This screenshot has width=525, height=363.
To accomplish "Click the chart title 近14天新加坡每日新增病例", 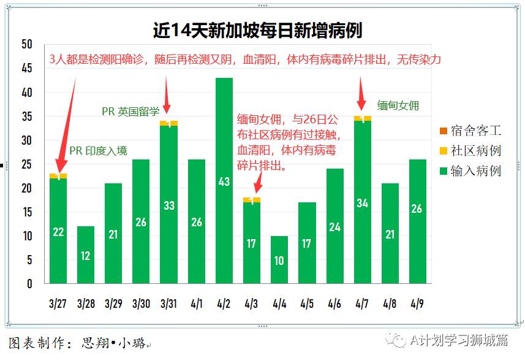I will click(258, 30).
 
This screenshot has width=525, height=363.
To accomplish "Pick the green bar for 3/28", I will click(86, 254).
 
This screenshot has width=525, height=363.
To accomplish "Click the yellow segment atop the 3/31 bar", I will click(168, 123).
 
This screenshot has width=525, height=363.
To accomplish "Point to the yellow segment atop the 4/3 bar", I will click(252, 200).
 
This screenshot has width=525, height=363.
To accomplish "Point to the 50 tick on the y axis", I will click(26, 45).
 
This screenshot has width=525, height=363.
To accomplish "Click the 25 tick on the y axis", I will click(26, 164).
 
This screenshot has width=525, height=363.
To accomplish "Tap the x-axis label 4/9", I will click(417, 303).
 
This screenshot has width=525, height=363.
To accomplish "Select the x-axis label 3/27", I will click(58, 303).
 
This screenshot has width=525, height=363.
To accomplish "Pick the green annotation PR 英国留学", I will click(130, 111).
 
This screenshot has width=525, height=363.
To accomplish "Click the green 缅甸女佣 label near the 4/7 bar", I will click(398, 105).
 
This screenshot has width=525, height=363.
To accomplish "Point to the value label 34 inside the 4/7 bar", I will click(362, 203).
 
